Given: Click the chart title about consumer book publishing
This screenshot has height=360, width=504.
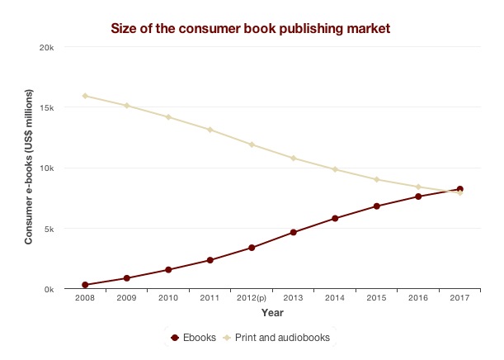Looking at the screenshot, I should pyautogui.click(x=250, y=29).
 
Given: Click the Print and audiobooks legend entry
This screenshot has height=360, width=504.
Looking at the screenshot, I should pyautogui.click(x=281, y=337).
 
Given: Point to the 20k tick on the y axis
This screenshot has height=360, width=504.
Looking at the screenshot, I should pyautogui.click(x=47, y=47).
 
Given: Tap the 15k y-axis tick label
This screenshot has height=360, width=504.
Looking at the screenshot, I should pyautogui.click(x=47, y=107).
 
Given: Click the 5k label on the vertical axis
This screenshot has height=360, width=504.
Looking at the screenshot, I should pyautogui.click(x=49, y=229).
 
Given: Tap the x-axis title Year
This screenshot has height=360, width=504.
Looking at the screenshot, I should pyautogui.click(x=272, y=313).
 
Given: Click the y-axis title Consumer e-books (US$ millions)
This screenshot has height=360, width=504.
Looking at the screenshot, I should pyautogui.click(x=28, y=168).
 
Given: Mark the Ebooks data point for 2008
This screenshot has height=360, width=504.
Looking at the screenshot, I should pyautogui.click(x=85, y=285).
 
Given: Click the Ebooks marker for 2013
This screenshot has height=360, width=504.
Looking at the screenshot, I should pyautogui.click(x=293, y=232).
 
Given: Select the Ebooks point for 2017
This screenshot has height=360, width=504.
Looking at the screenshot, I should pyautogui.click(x=459, y=189).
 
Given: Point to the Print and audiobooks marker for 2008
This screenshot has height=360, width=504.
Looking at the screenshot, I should pyautogui.click(x=85, y=96).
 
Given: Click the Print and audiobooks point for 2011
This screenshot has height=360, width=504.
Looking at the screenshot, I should pyautogui.click(x=210, y=130).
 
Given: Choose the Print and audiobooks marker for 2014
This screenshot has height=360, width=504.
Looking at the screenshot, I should pyautogui.click(x=335, y=169).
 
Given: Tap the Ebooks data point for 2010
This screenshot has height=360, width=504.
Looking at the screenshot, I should pyautogui.click(x=168, y=270).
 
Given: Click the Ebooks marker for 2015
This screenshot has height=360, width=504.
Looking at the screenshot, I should pyautogui.click(x=376, y=206).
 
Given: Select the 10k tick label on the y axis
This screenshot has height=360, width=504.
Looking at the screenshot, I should pyautogui.click(x=47, y=168).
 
